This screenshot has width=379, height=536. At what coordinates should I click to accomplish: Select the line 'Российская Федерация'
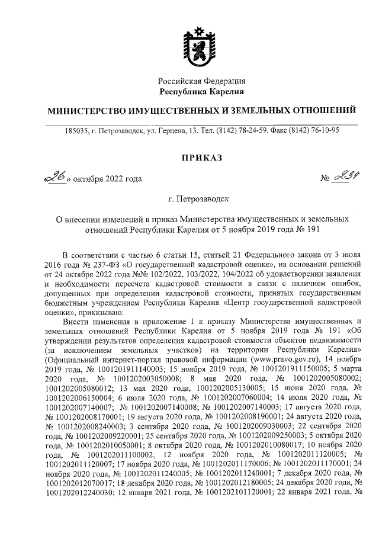[201, 81]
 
